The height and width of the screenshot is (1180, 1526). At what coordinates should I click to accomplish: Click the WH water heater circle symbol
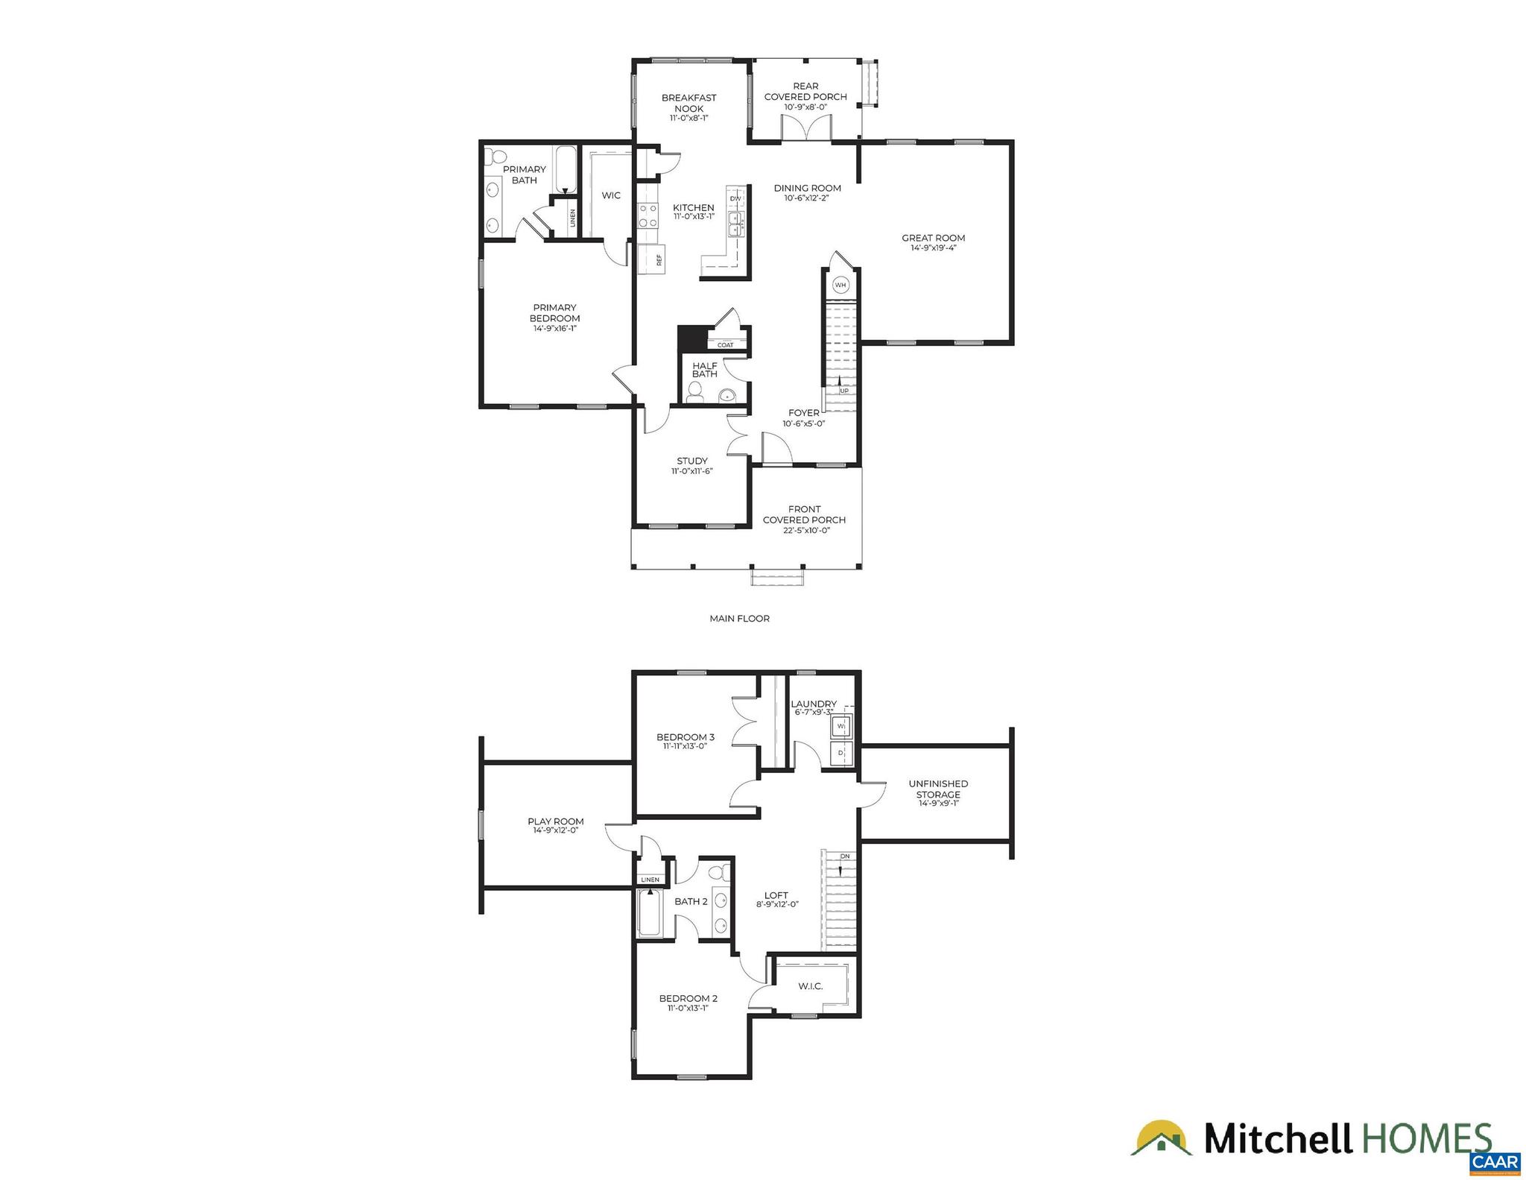[840, 285]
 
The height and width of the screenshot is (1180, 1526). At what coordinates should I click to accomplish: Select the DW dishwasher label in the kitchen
[735, 198]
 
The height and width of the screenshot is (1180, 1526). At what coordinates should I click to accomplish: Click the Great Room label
[933, 239]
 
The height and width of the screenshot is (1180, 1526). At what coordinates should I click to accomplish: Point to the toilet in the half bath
[695, 392]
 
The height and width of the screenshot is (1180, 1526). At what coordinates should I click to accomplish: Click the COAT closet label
[725, 344]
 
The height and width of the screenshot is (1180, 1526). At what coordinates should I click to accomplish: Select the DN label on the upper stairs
[844, 856]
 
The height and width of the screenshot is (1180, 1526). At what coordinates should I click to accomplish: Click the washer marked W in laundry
[841, 725]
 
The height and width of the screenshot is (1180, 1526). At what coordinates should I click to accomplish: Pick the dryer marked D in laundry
[841, 753]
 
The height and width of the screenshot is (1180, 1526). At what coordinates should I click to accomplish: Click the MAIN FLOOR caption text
[739, 618]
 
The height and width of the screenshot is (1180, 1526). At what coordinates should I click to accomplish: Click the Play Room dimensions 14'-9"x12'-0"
[555, 830]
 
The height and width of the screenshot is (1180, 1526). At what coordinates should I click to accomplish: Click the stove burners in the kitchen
[648, 216]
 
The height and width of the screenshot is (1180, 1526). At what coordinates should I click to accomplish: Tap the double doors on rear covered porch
[805, 127]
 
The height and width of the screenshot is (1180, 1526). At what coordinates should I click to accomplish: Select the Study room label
[692, 461]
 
